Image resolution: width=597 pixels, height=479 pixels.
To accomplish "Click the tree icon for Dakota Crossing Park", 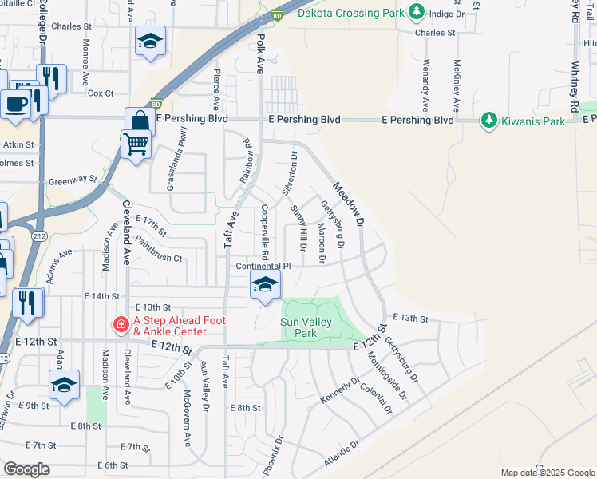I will tap(416, 12).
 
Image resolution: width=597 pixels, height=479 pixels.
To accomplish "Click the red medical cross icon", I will tap(121, 325).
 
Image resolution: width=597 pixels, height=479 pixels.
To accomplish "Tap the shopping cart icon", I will tap(136, 144).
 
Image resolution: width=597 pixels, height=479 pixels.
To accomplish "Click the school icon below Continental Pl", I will tap(265, 283).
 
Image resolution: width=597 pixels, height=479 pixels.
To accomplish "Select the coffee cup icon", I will tap(15, 103).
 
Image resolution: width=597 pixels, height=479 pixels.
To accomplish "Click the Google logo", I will tap(26, 469).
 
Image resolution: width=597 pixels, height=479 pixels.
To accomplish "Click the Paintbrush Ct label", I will tap(159, 249).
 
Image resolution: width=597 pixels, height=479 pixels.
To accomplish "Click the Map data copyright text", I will tap(546, 473).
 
